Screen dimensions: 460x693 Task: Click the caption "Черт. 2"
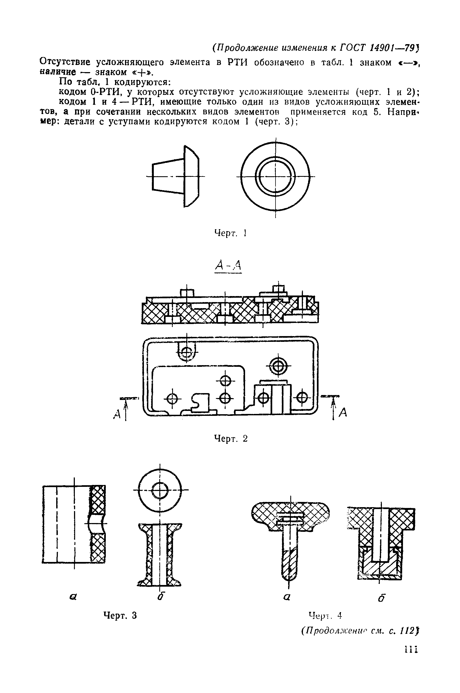(x=231, y=439)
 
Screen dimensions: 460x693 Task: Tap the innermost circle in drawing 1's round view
(x=276, y=176)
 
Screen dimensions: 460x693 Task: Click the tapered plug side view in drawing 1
(x=175, y=176)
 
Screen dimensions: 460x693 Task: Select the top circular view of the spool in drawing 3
(x=160, y=490)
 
